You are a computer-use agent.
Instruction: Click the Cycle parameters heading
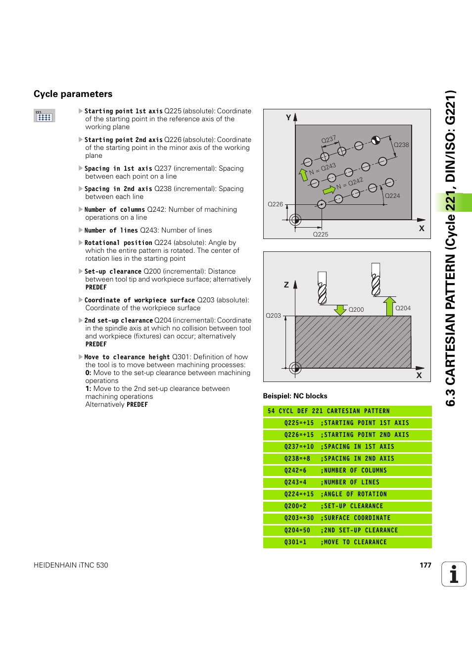point(73,94)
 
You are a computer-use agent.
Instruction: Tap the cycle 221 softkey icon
point(44,116)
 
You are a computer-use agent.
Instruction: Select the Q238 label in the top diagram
point(401,145)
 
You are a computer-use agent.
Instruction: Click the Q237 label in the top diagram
point(329,140)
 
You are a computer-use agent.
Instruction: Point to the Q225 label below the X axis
point(321,234)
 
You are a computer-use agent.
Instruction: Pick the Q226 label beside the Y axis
point(275,204)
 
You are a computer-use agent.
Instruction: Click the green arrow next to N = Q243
point(303,174)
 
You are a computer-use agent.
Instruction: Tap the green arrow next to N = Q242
point(329,190)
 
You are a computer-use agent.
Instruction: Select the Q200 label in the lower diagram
point(356,310)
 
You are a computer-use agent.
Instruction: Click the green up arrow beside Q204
point(389,306)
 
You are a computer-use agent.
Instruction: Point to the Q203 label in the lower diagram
point(273,315)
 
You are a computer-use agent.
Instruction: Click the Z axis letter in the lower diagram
point(286,285)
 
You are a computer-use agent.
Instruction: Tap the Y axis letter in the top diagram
point(288,117)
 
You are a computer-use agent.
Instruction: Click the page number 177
point(425,565)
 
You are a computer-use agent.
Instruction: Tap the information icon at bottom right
point(454,574)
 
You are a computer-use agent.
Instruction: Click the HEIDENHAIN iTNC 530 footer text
point(71,565)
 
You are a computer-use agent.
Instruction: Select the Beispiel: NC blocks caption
point(295,396)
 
